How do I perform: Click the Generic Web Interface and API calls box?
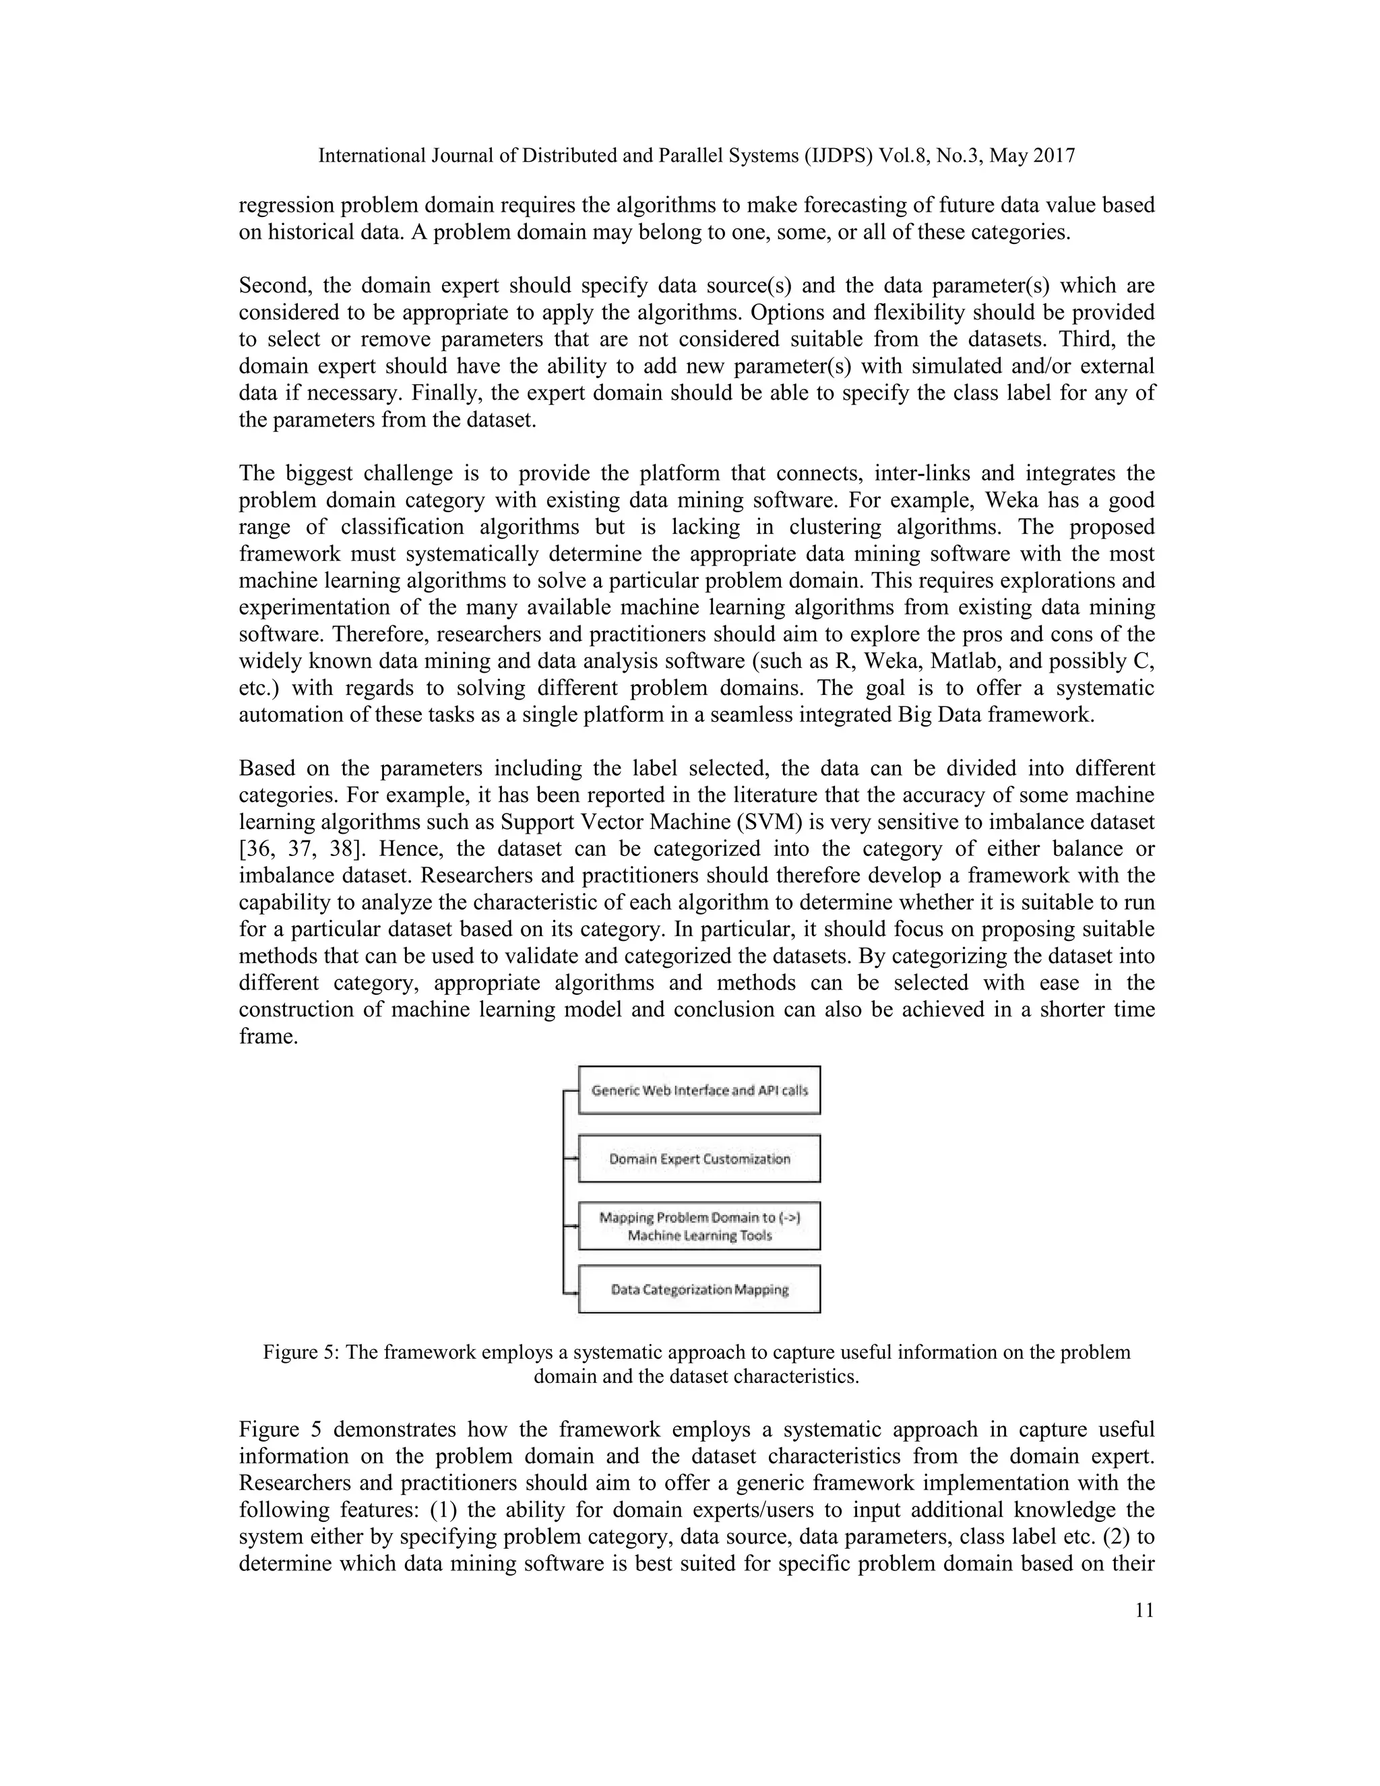click(699, 1090)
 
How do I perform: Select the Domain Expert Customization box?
click(699, 1159)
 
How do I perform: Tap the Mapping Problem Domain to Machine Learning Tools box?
click(699, 1226)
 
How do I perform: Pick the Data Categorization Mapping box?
click(699, 1289)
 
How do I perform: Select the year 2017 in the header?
click(1053, 156)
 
